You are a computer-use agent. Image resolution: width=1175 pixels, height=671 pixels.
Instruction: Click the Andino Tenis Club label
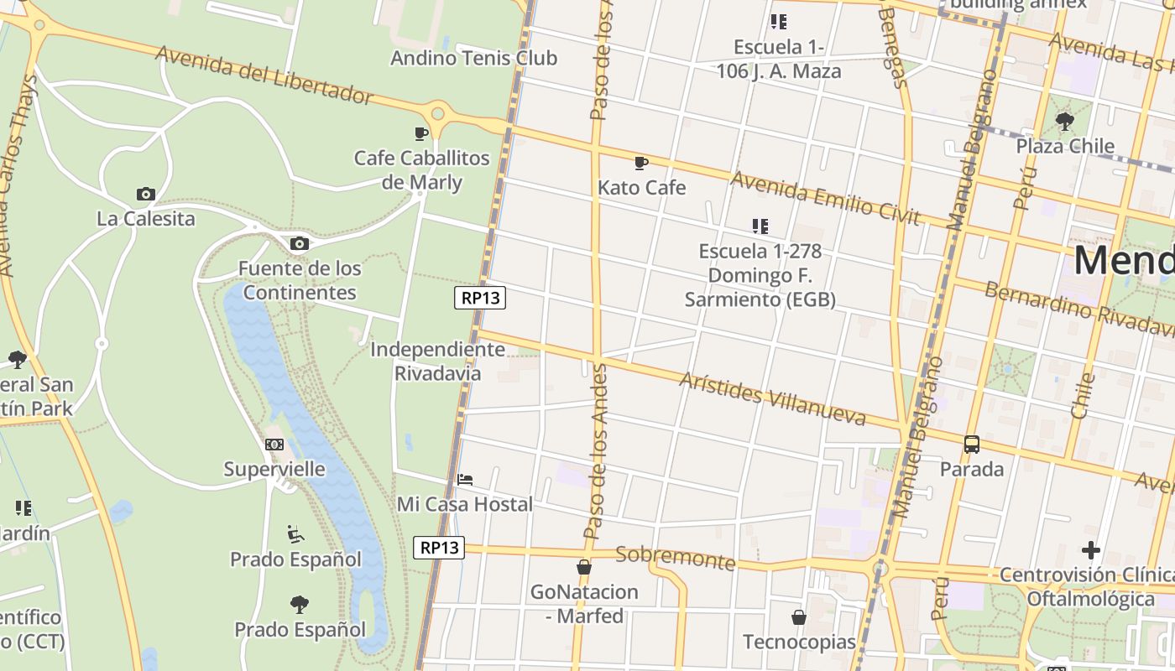point(473,58)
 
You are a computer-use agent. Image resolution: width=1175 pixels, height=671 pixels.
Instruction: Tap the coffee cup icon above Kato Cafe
point(641,163)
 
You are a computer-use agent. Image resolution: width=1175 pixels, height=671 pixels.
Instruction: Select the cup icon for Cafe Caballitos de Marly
point(421,133)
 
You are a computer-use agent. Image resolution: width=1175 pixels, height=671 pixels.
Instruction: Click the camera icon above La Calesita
point(146,195)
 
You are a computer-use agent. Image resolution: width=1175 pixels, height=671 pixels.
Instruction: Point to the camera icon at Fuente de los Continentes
point(299,244)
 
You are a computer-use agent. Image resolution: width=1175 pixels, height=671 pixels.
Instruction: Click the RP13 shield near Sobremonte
point(439,548)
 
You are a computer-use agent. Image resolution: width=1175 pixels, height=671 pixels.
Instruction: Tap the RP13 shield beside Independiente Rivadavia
point(480,297)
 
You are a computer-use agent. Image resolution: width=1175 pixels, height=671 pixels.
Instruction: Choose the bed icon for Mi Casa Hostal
point(465,480)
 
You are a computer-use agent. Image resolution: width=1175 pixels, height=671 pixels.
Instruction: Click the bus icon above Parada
point(972,445)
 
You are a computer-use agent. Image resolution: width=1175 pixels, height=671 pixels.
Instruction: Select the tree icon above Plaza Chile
point(1065,122)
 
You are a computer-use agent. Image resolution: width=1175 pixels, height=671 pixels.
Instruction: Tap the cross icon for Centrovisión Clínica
point(1090,550)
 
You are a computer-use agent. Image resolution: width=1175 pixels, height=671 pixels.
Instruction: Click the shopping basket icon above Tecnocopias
point(799,618)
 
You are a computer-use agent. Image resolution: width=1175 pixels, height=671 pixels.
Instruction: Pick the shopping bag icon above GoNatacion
point(584,568)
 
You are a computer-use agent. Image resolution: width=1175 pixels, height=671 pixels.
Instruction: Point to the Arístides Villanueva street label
point(772,398)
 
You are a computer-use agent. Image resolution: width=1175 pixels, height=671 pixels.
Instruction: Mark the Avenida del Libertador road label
point(264,75)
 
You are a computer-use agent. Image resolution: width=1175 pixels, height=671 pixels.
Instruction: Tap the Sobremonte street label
point(675,558)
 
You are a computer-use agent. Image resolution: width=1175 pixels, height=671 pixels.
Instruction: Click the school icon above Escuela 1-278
point(760,226)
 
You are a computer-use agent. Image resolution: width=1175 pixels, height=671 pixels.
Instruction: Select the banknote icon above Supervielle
point(274,445)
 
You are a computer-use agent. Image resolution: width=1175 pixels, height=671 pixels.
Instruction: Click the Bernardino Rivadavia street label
point(1078,307)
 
